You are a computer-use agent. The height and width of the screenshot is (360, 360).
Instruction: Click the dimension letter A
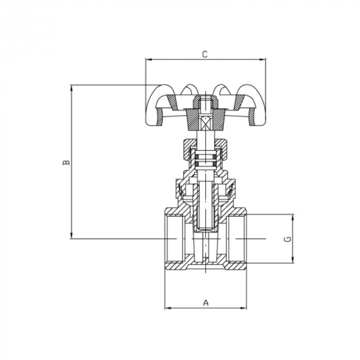pyautogui.click(x=206, y=302)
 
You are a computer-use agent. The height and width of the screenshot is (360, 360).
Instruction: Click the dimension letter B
pyautogui.click(x=66, y=163)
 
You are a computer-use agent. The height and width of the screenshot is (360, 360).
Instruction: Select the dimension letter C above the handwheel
pyautogui.click(x=205, y=54)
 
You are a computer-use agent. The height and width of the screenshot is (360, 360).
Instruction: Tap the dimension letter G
pyautogui.click(x=289, y=239)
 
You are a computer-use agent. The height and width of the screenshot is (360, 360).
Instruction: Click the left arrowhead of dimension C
pyautogui.click(x=148, y=60)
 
